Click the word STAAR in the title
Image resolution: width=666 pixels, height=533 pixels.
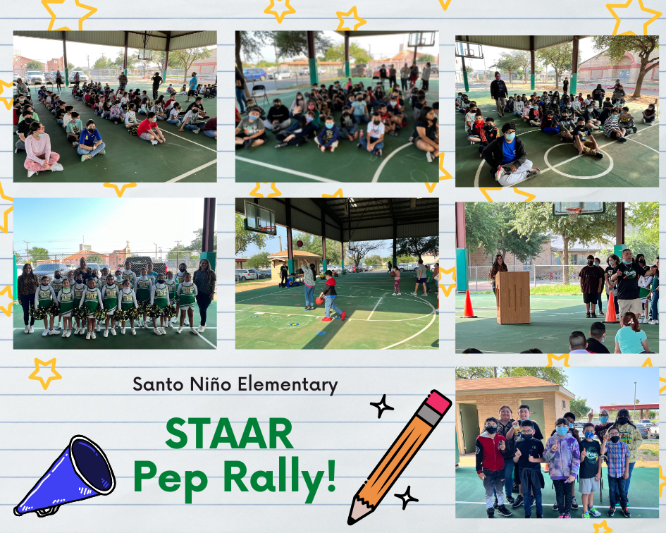pos(229,434)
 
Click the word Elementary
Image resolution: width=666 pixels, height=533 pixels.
pos(288,385)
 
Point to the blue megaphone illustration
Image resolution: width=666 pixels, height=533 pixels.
pos(66,477)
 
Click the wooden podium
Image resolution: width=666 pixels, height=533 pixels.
pos(512,298)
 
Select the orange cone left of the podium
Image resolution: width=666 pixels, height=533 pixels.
pos(468,304)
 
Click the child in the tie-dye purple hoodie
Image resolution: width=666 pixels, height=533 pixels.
pos(562,466)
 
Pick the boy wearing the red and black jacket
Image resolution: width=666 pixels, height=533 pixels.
pos(491,466)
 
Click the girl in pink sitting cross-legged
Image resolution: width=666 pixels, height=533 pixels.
pos(40,149)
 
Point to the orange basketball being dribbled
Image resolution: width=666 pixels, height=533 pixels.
pos(319,301)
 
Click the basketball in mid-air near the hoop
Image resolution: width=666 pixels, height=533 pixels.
pos(300,243)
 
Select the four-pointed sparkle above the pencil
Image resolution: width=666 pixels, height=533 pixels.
pos(382,406)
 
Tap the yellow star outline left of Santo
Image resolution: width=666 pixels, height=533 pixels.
pos(45,372)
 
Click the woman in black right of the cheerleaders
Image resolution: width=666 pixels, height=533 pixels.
pos(204,295)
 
